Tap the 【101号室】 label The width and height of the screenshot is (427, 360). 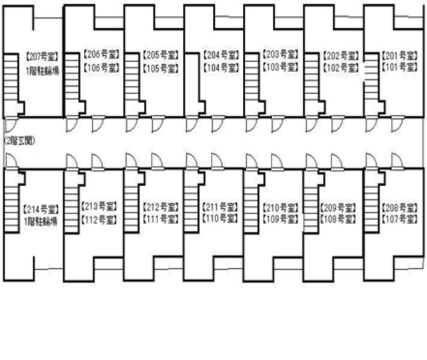(x=399, y=67)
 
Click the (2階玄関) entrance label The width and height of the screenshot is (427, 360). (x=19, y=141)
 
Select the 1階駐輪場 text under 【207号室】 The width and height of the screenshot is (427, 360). (x=41, y=71)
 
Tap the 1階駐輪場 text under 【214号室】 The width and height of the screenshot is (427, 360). (x=41, y=221)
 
